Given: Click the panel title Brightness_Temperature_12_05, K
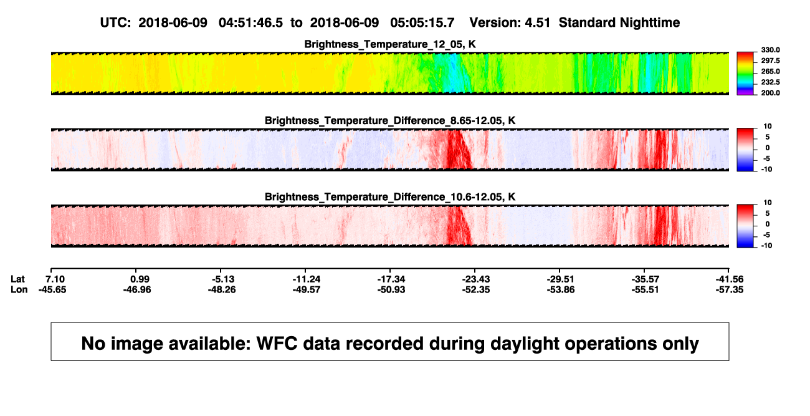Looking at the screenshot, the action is (390, 44).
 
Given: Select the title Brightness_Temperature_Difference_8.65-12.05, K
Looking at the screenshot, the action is (390, 120).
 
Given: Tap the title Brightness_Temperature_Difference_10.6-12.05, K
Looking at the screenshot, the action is (390, 197).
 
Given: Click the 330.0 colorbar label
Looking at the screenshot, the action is (770, 50).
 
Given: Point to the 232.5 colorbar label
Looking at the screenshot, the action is (770, 82).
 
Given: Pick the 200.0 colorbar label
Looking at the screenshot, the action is (770, 93).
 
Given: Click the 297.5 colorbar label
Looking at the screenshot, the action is (770, 61).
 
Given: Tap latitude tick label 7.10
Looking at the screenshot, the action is (55, 279).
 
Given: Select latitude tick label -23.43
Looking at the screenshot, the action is (476, 279).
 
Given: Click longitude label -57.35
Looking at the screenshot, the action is (730, 289).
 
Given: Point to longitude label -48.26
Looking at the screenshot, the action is (222, 289).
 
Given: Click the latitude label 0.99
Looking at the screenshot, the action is (140, 279).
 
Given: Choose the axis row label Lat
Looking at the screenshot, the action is (17, 279).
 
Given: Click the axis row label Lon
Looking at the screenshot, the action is (19, 289).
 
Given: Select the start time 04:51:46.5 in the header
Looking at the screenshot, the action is (250, 23).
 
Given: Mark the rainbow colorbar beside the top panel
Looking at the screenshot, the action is (745, 74).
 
